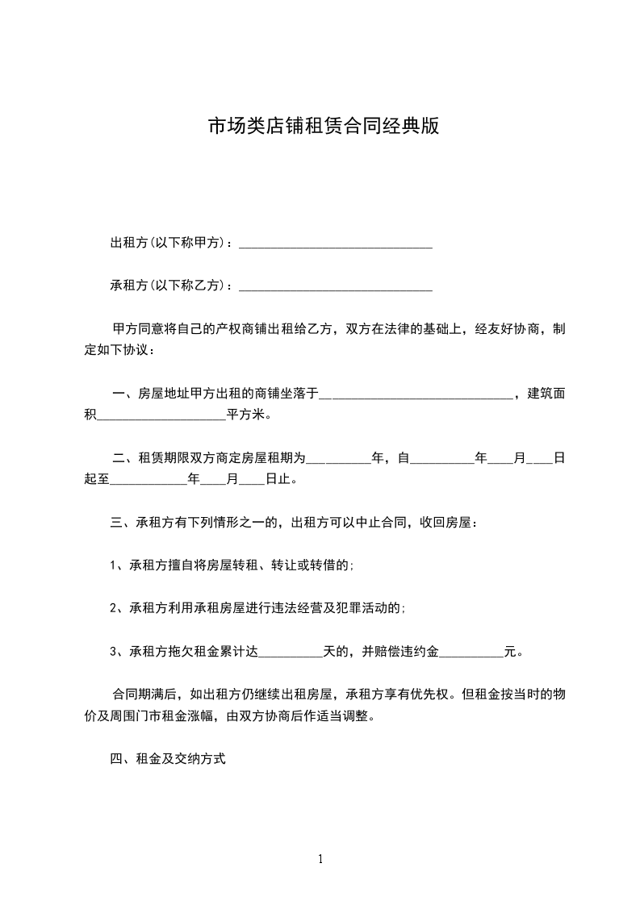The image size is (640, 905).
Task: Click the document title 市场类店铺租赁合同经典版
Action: pos(323,127)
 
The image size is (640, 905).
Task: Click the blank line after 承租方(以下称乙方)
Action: pos(336,286)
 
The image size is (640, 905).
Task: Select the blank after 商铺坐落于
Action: pos(416,394)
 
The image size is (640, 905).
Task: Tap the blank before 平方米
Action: pos(161,416)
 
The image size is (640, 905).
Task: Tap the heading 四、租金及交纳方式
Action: pos(168,759)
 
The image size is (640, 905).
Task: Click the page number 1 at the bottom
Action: pos(320,859)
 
